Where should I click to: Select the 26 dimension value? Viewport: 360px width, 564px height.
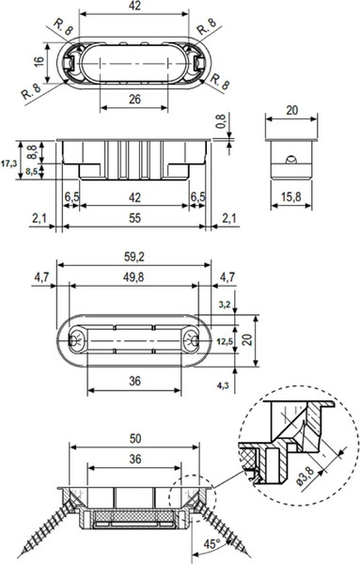coord(134,100)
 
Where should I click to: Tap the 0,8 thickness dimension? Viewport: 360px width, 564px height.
coord(221,121)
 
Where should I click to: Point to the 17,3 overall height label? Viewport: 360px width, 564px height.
coord(8,164)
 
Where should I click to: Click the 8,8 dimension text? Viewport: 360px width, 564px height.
coord(32,152)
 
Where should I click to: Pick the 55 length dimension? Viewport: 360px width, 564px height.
coord(134,218)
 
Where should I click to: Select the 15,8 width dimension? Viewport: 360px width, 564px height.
coord(291,196)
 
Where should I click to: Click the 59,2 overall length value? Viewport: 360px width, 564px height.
coord(134,257)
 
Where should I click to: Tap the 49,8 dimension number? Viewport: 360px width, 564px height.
coord(133,277)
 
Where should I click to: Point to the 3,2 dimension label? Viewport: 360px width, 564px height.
coord(225,305)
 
